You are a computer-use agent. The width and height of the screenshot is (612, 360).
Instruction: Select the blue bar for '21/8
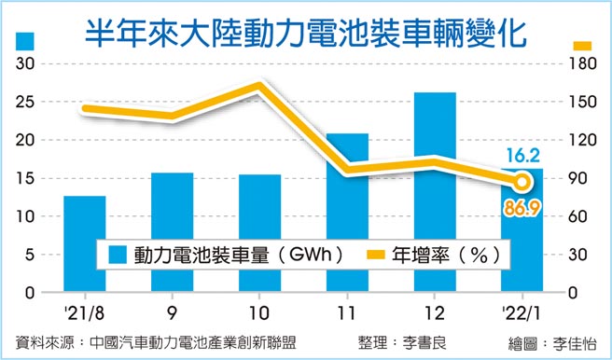84,243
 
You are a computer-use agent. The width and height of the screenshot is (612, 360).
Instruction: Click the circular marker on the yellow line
522,182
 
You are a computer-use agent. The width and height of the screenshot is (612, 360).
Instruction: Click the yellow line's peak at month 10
259,87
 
